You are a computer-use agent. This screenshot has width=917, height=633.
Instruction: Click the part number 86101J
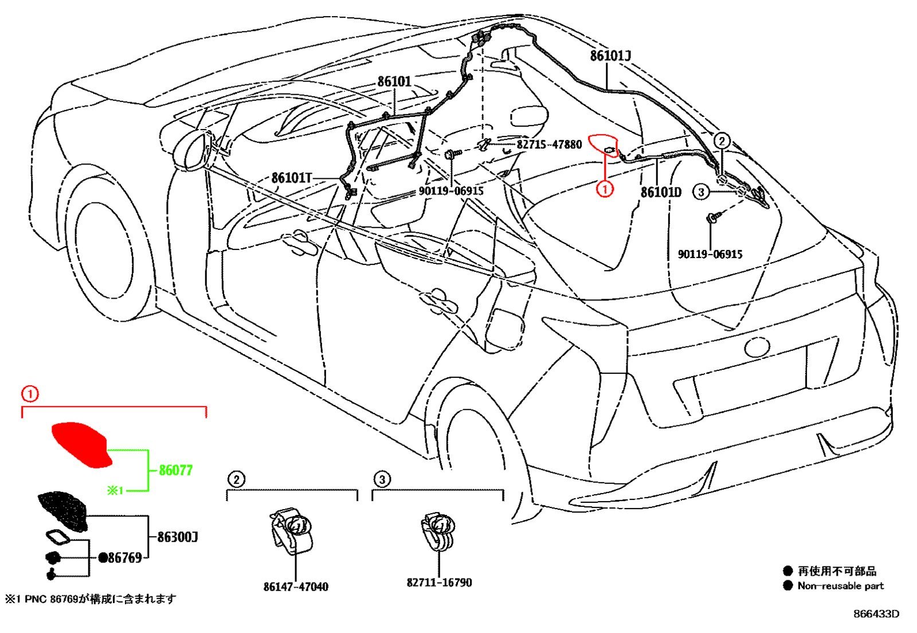(x=610, y=56)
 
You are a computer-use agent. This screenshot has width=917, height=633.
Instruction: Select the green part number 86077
(x=175, y=470)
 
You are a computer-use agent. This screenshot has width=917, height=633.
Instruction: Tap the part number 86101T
(x=292, y=178)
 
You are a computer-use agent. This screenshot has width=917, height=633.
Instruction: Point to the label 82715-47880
(x=549, y=144)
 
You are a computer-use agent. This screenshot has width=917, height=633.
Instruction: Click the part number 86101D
(x=661, y=192)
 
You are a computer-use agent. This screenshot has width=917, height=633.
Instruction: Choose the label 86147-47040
(x=296, y=587)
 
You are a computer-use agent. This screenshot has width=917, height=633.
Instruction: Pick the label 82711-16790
(x=439, y=582)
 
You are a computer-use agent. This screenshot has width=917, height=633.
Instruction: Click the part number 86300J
(x=178, y=537)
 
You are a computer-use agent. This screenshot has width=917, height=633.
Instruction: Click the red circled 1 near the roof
(x=605, y=189)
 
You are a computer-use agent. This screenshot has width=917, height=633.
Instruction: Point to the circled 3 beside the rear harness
(x=701, y=192)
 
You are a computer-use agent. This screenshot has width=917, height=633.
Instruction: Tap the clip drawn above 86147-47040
(x=292, y=532)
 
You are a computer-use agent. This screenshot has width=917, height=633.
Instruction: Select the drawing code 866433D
(x=876, y=614)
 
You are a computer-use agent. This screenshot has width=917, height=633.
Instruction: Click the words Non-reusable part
(x=841, y=586)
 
